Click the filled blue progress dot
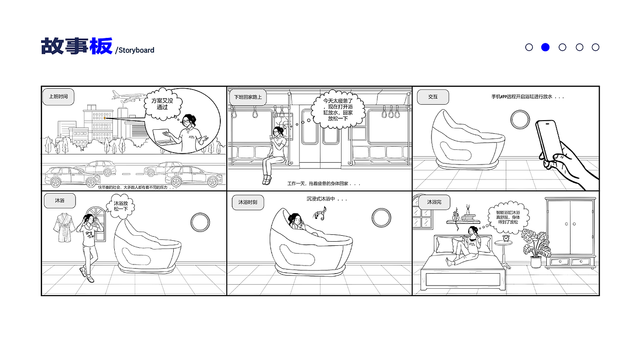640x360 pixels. tap(545, 47)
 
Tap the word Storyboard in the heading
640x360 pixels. tap(136, 50)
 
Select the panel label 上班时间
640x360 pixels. tap(59, 97)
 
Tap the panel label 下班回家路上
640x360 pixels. tap(247, 97)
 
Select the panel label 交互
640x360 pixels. tap(432, 97)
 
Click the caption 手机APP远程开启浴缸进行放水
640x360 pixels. tap(527, 97)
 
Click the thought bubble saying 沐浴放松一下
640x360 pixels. tap(121, 206)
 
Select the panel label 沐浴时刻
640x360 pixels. tap(248, 202)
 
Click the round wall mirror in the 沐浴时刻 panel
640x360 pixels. tap(381, 218)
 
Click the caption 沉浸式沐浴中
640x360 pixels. tap(326, 199)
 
